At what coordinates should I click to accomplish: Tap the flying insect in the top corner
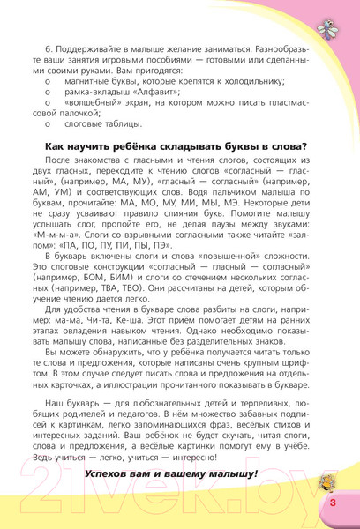[338, 26]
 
